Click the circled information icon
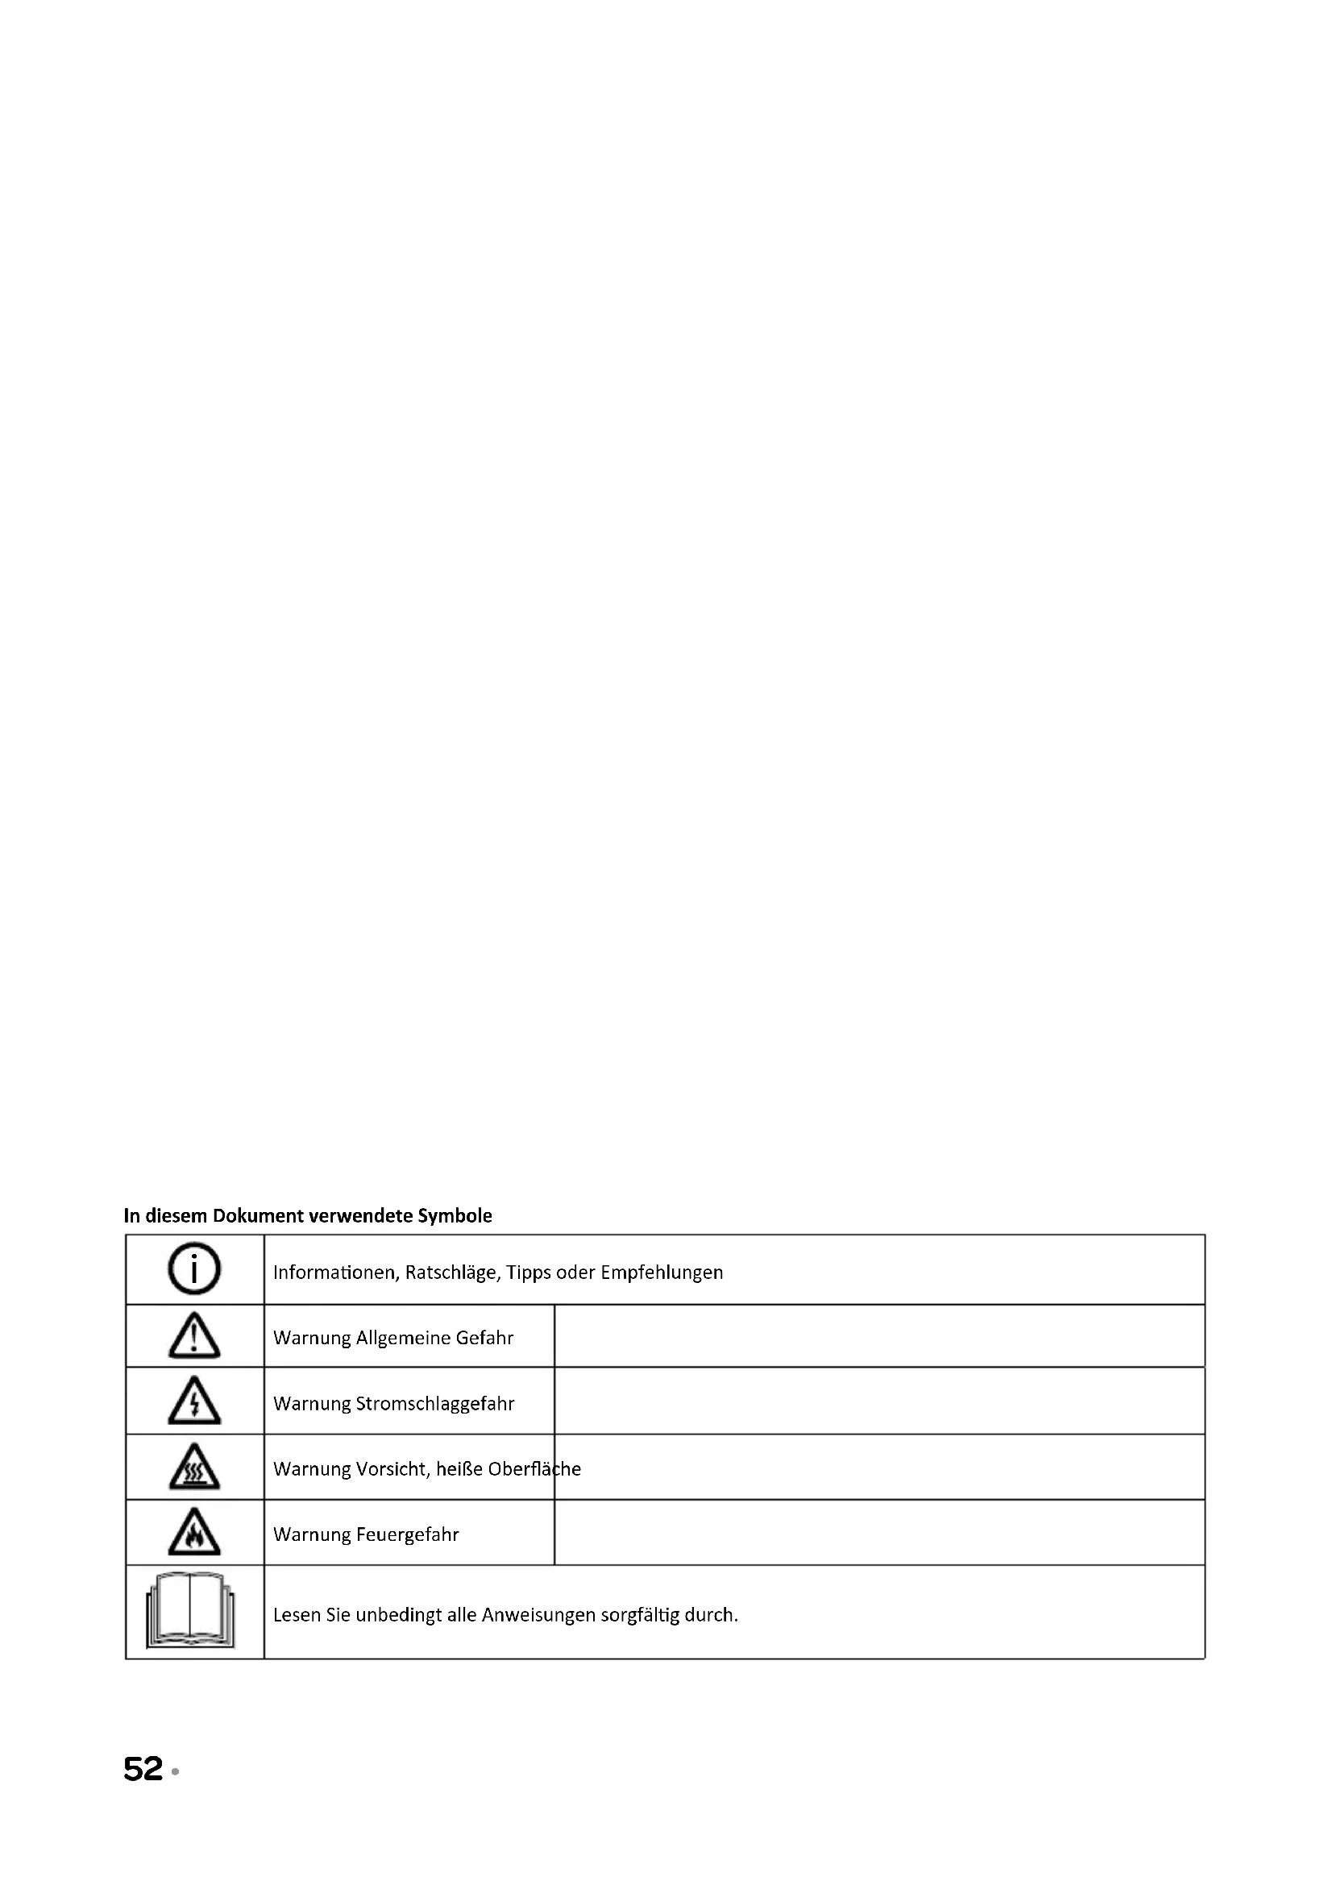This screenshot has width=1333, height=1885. tap(193, 1268)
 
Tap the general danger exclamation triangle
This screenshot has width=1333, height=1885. tap(193, 1335)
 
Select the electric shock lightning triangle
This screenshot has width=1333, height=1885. tap(193, 1401)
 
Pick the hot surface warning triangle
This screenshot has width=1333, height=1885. tap(193, 1466)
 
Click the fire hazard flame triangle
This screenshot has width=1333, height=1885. tap(193, 1532)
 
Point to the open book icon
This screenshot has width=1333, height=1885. tap(190, 1611)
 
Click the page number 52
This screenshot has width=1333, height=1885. tap(143, 1769)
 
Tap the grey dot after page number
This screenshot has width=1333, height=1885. tap(175, 1772)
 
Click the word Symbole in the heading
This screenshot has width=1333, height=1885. tap(455, 1216)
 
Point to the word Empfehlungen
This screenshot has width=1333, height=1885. tap(662, 1273)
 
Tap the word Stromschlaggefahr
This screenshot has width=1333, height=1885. tap(435, 1404)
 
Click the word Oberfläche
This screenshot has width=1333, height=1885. tap(534, 1469)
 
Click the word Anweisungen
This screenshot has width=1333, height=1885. tap(538, 1615)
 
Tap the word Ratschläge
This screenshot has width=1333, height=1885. tap(451, 1273)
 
